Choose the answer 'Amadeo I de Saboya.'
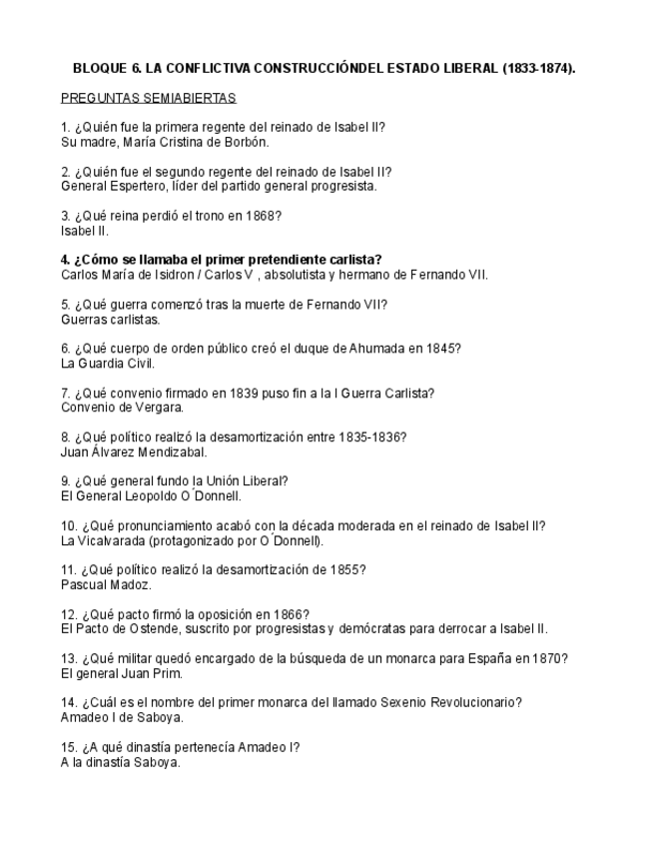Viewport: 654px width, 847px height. coord(122,717)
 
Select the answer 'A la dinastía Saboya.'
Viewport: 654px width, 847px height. coord(121,762)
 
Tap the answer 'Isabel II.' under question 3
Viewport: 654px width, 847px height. coord(85,231)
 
